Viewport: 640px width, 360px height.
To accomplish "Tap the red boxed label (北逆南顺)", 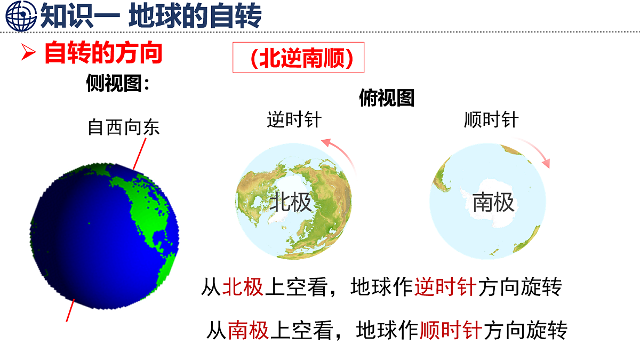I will pyautogui.click(x=299, y=58).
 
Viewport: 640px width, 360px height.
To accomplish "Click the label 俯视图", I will pyautogui.click(x=387, y=98).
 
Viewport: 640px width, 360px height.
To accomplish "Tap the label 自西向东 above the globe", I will pyautogui.click(x=123, y=128).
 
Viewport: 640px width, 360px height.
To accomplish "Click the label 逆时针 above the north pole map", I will pyautogui.click(x=294, y=119).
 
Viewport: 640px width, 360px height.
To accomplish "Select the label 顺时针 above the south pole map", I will pyautogui.click(x=491, y=119).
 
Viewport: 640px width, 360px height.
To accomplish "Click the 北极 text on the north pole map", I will pyautogui.click(x=290, y=203).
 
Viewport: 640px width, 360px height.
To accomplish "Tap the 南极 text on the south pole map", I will pyautogui.click(x=493, y=203).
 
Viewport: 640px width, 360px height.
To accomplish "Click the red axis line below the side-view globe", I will pyautogui.click(x=70, y=310).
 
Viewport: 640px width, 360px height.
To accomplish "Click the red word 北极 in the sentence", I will pyautogui.click(x=243, y=288).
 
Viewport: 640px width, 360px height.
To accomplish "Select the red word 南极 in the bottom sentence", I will pyautogui.click(x=248, y=331).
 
